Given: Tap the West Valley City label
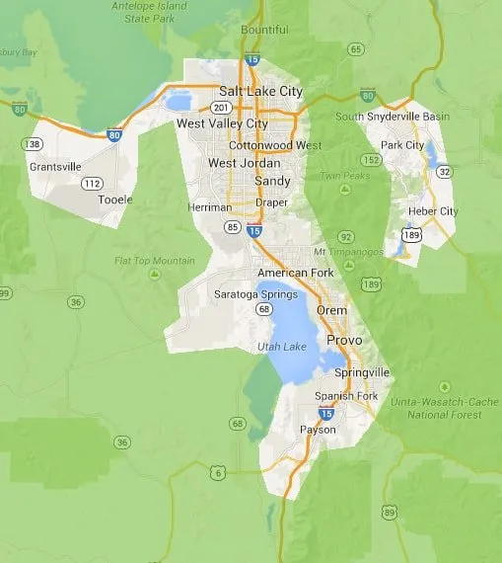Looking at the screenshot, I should pos(222,124).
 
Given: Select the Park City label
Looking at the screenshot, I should pos(402,145).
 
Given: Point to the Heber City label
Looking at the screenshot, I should pos(434,211).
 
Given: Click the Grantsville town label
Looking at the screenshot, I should pos(55,167).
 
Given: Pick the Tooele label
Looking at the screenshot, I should pos(114,199).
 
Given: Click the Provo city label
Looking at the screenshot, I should pos(343,340).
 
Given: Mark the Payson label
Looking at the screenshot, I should pos(318,430).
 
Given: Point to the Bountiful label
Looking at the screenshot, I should pos(264,30).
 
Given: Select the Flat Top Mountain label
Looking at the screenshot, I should pos(154,261).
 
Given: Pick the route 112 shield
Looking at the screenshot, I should pos(92,183).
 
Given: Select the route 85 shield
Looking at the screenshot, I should pos(232,226).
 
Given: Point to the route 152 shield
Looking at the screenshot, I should pos(373,159).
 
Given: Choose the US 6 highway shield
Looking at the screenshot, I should pos(217,472).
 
